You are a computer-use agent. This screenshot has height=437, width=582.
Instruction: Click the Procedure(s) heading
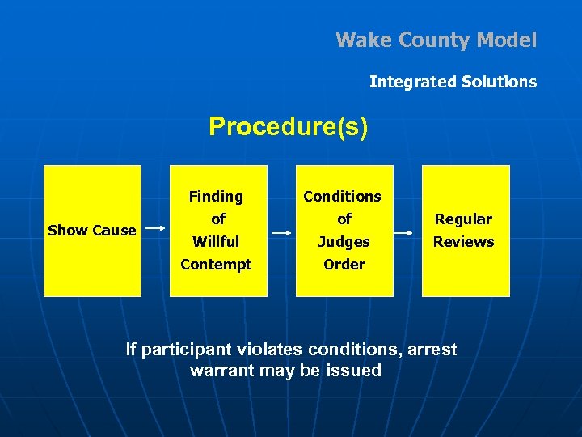click(x=288, y=127)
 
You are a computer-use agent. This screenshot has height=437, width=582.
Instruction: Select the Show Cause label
click(x=91, y=231)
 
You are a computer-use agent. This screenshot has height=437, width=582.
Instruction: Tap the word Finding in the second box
click(x=216, y=197)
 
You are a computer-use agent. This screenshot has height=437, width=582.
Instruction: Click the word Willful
click(x=216, y=242)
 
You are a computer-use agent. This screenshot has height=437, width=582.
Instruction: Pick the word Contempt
click(x=216, y=265)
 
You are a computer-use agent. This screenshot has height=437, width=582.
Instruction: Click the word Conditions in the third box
click(x=342, y=197)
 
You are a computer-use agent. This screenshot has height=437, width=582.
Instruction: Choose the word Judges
click(x=344, y=242)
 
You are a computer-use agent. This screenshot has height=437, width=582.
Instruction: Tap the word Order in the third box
click(x=344, y=265)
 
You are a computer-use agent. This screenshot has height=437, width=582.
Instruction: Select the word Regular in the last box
click(x=463, y=219)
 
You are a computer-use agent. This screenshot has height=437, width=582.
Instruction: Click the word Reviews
click(x=463, y=242)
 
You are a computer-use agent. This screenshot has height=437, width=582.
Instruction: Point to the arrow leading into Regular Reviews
click(x=407, y=229)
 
